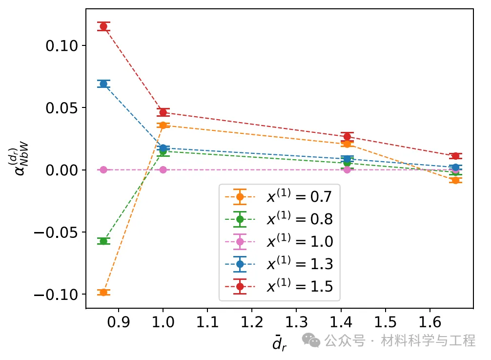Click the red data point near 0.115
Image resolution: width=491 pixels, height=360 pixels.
tap(103, 26)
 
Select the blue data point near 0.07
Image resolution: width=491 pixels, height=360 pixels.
tap(103, 84)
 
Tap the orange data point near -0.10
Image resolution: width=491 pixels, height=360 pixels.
tap(103, 292)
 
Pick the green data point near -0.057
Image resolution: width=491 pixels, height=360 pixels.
tap(103, 241)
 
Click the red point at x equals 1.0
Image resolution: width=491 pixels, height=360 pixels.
tap(163, 112)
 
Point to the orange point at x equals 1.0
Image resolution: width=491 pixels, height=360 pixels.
tap(163, 126)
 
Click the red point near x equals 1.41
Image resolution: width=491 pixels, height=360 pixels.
tap(347, 137)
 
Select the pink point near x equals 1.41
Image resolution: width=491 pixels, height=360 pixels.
tap(347, 169)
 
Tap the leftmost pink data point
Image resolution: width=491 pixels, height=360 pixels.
tap(103, 169)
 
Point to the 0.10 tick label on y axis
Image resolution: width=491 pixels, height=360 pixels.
tap(61, 46)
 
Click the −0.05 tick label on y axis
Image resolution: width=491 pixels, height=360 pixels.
tap(56, 233)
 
